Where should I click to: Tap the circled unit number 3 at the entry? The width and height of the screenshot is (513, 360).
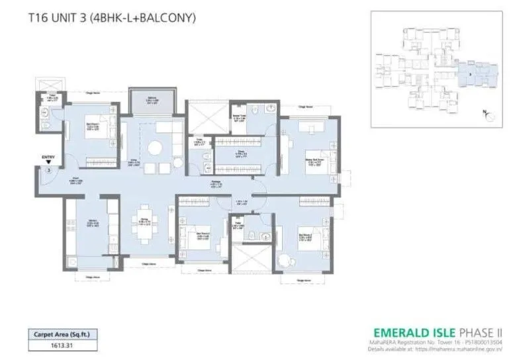click(x=49, y=170)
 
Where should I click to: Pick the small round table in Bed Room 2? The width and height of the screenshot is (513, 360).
click(x=284, y=258)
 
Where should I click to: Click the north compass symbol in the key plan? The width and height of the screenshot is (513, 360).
click(x=489, y=114)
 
